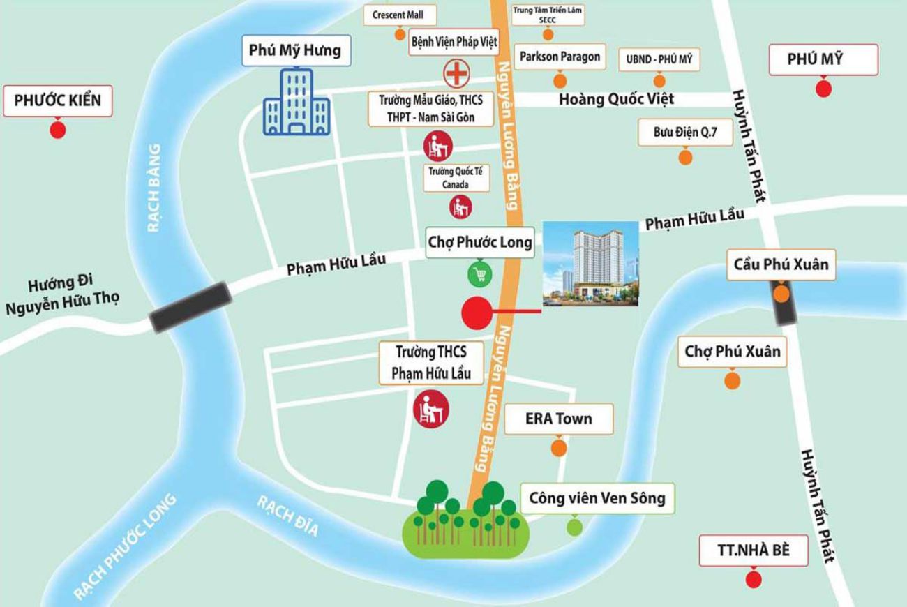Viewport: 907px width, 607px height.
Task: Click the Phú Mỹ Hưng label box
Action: pyautogui.click(x=295, y=51)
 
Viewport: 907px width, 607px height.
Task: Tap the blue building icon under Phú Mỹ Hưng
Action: pyautogui.click(x=297, y=103)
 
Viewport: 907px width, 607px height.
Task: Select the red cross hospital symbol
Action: pyautogui.click(x=456, y=72)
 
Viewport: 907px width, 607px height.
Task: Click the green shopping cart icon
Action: pyautogui.click(x=479, y=274)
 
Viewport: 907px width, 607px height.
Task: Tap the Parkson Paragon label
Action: pyautogui.click(x=560, y=57)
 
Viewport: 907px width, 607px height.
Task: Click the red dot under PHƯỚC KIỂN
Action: pyautogui.click(x=57, y=129)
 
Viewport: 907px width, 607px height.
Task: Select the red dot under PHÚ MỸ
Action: pyautogui.click(x=823, y=89)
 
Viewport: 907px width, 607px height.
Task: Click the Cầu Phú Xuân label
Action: pyautogui.click(x=781, y=264)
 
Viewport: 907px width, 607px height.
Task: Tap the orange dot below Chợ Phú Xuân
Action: pyautogui.click(x=731, y=380)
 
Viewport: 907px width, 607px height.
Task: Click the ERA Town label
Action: pyautogui.click(x=558, y=419)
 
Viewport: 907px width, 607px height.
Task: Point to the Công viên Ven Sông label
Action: pyautogui.click(x=597, y=498)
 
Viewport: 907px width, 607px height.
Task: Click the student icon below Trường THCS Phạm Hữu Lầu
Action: pyautogui.click(x=430, y=409)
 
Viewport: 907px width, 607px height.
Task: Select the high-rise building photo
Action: pyautogui.click(x=590, y=264)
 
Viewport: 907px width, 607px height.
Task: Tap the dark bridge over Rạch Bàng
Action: pyautogui.click(x=190, y=307)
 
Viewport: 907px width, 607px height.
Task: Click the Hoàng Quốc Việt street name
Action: pyautogui.click(x=616, y=99)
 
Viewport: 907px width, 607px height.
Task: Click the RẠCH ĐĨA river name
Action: pyautogui.click(x=287, y=516)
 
